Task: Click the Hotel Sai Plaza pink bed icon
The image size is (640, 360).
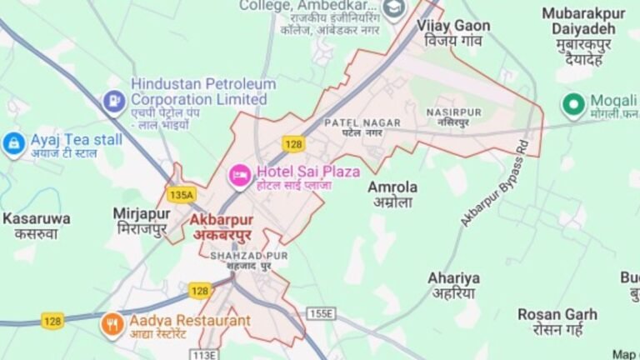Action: click(239, 175)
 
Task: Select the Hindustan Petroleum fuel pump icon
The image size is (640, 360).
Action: click(113, 102)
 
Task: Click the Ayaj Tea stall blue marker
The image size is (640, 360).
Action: click(14, 143)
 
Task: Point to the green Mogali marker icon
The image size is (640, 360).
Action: click(572, 104)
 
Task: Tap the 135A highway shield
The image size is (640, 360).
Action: click(180, 195)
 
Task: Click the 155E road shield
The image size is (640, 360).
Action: click(320, 313)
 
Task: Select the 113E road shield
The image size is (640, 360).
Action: click(205, 354)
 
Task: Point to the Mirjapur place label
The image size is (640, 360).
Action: click(142, 221)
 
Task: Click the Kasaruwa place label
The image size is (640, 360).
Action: click(36, 226)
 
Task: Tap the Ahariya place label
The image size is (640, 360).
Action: click(454, 285)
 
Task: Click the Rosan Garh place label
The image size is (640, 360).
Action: click(557, 321)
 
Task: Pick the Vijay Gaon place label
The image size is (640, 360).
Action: click(453, 32)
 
